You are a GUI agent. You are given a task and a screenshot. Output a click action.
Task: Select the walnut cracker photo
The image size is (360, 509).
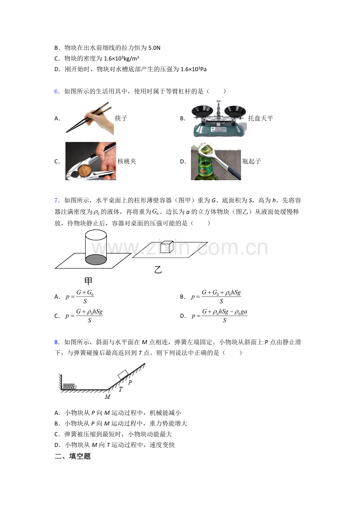click(x=91, y=161)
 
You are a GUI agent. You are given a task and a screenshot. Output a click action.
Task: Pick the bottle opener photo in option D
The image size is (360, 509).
click(x=216, y=161)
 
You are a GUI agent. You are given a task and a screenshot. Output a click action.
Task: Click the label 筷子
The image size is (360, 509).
click(x=121, y=118)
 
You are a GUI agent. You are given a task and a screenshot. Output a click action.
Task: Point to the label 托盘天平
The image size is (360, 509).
click(x=260, y=118)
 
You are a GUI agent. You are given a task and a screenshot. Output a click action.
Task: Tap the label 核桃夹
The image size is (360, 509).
click(x=127, y=161)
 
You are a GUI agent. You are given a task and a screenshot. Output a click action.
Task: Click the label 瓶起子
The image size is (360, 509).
click(x=251, y=161)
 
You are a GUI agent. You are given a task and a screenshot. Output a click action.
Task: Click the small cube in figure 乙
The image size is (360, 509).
click(x=166, y=247)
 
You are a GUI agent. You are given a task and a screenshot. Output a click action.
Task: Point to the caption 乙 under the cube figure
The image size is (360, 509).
click(x=158, y=270)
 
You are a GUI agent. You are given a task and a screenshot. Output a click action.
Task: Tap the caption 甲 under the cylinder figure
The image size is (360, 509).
click(x=88, y=281)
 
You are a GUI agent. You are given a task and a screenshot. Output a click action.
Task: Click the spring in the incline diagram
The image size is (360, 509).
click(x=69, y=385)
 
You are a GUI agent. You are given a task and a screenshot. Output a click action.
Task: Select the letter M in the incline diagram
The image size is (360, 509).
click(x=107, y=397)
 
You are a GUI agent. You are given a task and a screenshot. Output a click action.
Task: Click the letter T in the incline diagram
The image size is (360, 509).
click(x=121, y=389)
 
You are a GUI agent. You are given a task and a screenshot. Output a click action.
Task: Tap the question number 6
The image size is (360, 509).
click(x=56, y=91)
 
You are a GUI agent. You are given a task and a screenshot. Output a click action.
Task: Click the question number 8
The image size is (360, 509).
click(x=56, y=342)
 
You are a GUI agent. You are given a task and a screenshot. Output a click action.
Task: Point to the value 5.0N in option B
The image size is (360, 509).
click(x=154, y=48)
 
